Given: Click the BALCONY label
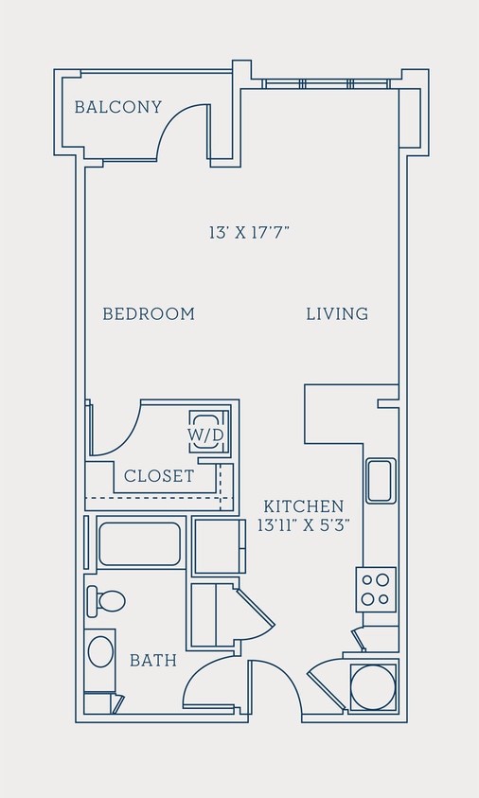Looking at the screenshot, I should click(118, 107).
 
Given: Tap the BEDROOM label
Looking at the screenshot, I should click(149, 313).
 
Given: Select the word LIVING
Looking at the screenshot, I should click(337, 313).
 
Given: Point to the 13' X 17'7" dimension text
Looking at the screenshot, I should click(248, 232).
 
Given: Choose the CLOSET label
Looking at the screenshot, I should click(159, 476).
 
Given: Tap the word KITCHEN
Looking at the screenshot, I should click(303, 506).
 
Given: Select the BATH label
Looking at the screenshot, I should click(153, 660).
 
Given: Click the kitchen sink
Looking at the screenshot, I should click(381, 481).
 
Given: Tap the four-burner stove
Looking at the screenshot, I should click(375, 589).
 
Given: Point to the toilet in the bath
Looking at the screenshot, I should click(107, 600).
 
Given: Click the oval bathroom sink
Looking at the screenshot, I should click(100, 651).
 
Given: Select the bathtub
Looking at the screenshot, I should click(139, 543).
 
